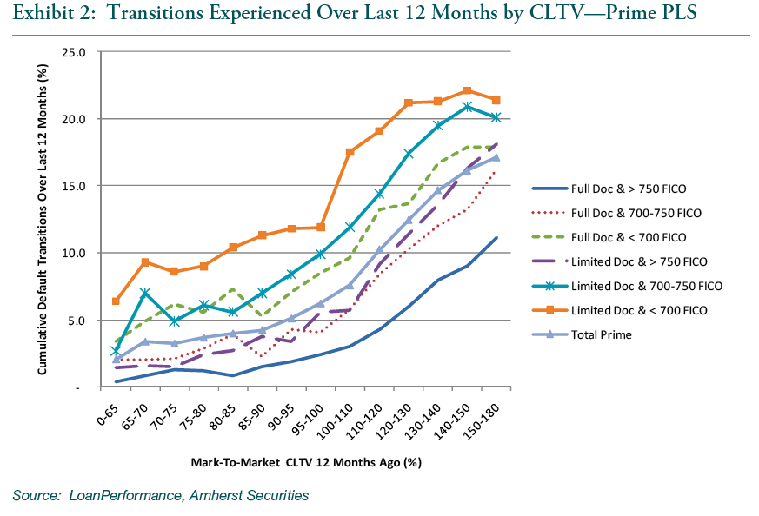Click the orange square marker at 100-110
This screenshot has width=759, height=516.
click(x=350, y=152)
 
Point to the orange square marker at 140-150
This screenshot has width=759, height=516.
click(x=467, y=90)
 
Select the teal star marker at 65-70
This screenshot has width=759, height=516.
click(x=145, y=293)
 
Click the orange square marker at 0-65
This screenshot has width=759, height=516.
click(x=117, y=301)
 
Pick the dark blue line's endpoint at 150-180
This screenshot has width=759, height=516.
click(x=496, y=238)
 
